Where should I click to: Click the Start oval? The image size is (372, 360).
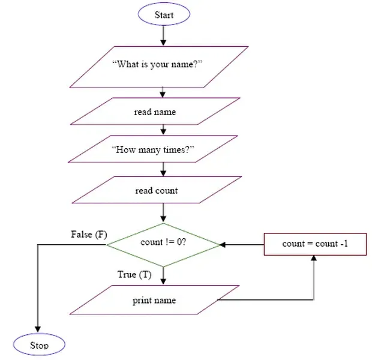pyautogui.click(x=164, y=14)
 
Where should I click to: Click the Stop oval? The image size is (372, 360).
pyautogui.click(x=39, y=344)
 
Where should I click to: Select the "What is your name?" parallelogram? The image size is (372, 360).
pyautogui.click(x=158, y=65)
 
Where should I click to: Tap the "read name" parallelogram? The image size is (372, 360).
pyautogui.click(x=155, y=112)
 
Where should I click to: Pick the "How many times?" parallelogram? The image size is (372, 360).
pyautogui.click(x=154, y=149)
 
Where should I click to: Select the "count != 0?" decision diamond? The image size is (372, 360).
pyautogui.click(x=163, y=243)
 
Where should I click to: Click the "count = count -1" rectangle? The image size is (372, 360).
pyautogui.click(x=315, y=244)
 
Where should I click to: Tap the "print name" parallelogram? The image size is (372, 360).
pyautogui.click(x=154, y=300)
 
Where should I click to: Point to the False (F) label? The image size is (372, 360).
pyautogui.click(x=89, y=234)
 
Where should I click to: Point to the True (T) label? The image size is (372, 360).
pyautogui.click(x=134, y=275)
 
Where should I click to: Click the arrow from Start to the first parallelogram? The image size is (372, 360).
pyautogui.click(x=163, y=35)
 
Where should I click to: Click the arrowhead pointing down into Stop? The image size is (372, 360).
pyautogui.click(x=38, y=328)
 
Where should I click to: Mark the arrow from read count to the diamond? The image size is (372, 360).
pyautogui.click(x=163, y=214)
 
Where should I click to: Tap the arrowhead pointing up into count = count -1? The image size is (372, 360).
pyautogui.click(x=314, y=259)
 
